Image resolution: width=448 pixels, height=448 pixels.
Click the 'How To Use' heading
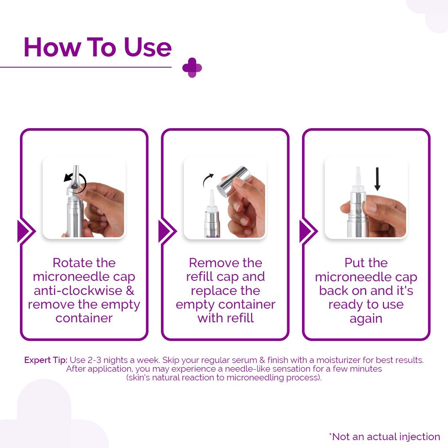pos(98,47)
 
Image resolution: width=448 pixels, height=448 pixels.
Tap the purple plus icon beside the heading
pos(192,68)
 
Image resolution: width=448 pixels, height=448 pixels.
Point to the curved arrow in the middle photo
pos(207,180)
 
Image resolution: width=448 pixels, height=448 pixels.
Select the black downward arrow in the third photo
pos(377,179)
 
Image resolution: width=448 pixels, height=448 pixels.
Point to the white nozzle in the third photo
pos(358,178)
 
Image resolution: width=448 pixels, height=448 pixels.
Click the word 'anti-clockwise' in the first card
pos(78,290)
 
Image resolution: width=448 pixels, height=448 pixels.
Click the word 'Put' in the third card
pos(354,263)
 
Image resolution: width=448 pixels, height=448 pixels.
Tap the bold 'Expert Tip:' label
pos(46,360)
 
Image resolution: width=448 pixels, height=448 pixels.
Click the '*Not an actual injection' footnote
pos(385,436)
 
